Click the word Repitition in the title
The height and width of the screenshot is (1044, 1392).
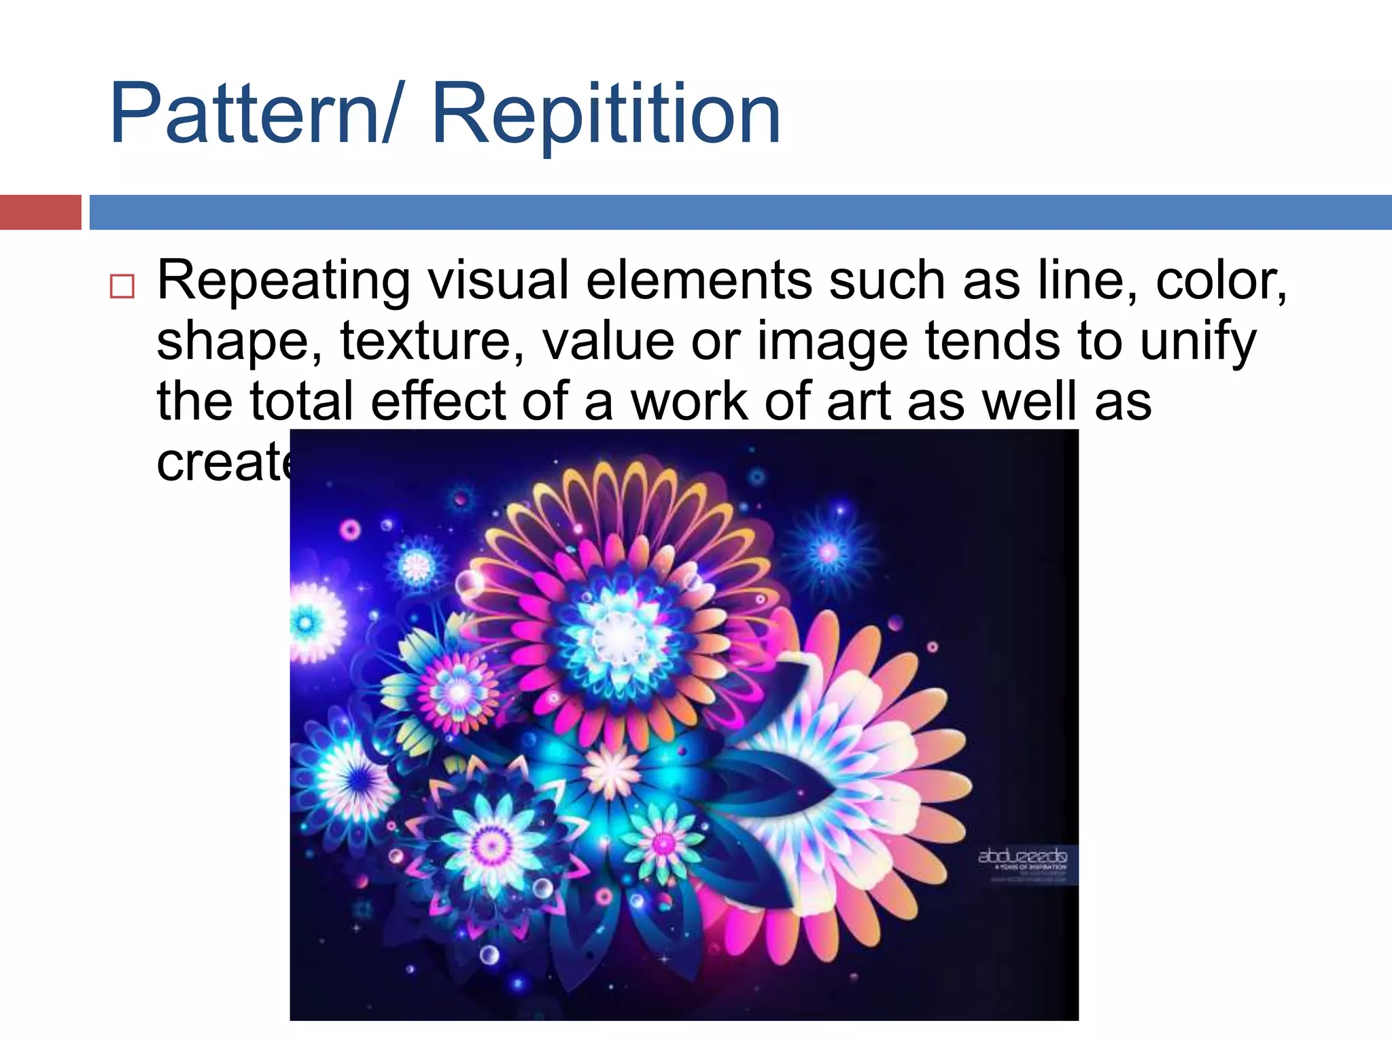(x=606, y=114)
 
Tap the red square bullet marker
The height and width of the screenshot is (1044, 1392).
(x=122, y=286)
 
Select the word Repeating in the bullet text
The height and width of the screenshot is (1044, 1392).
(x=283, y=281)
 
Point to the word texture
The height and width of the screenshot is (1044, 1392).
(x=432, y=341)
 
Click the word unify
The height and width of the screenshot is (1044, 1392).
(x=1198, y=342)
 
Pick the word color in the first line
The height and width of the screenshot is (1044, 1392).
(x=1220, y=280)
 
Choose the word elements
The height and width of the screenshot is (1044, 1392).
(x=698, y=280)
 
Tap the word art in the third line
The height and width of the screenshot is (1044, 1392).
(x=858, y=401)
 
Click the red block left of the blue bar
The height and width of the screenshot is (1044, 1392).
(x=40, y=212)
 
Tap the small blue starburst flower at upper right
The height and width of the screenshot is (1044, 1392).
(x=829, y=551)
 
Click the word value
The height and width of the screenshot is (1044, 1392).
(x=608, y=341)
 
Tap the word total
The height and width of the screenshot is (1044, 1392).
(x=301, y=401)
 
